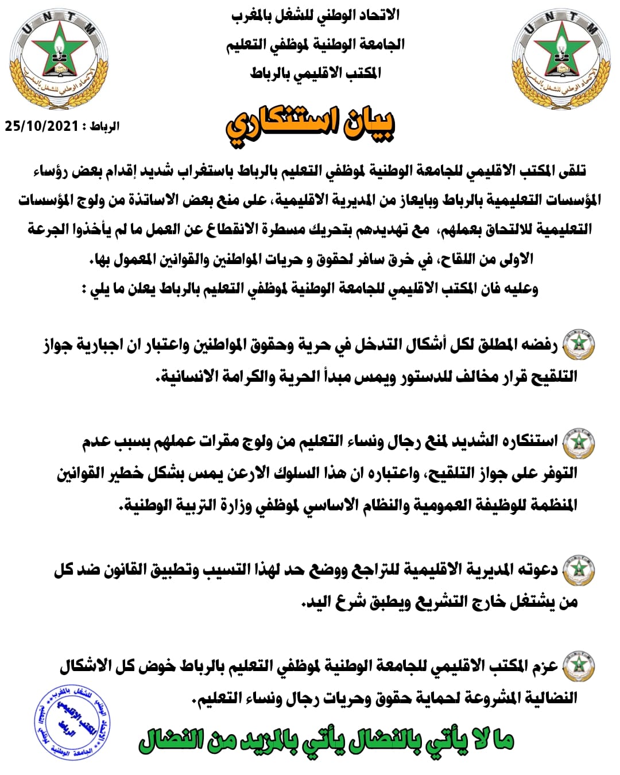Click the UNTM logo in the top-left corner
pos(59,60)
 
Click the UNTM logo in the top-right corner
pos(561,60)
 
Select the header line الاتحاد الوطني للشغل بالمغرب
pos(315,15)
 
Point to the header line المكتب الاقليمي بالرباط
pos(315,73)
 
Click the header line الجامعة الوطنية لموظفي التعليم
pos(315,44)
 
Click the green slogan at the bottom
pos(326,741)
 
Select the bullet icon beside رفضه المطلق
pos(578,345)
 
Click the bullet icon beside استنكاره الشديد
pos(578,442)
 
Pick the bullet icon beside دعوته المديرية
pos(578,570)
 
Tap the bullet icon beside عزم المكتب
pos(578,666)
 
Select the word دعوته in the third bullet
pos(537,569)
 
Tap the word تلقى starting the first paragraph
pos(571,170)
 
